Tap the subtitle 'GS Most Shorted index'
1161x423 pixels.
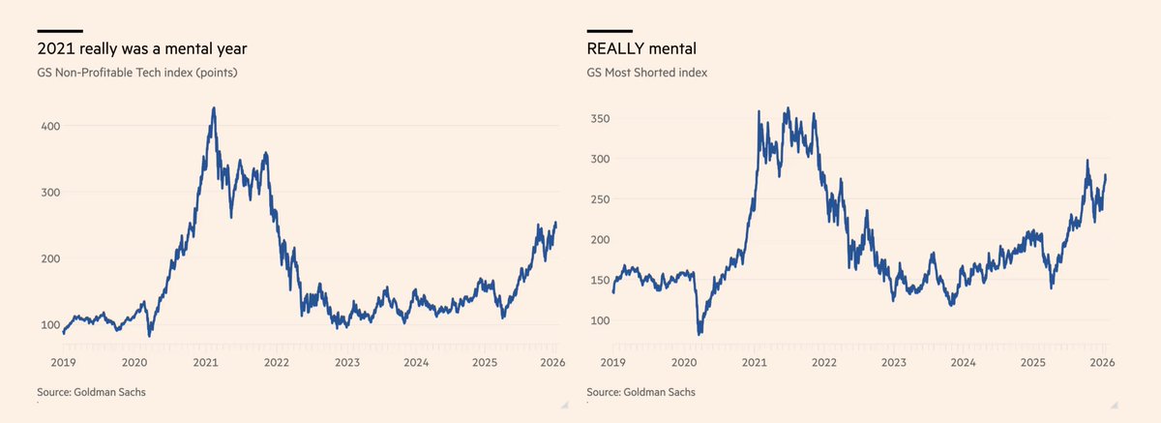point(647,72)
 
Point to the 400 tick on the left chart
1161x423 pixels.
point(49,126)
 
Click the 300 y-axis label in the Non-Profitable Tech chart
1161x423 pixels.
point(49,192)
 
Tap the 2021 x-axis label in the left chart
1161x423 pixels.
point(205,362)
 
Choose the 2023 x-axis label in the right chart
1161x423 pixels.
point(893,362)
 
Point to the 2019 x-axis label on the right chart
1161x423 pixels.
point(612,362)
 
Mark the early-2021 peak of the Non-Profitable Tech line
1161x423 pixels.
point(214,107)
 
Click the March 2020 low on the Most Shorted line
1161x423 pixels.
point(700,333)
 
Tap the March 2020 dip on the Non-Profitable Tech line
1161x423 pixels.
point(150,335)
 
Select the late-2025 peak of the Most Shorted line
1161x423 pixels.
point(1087,162)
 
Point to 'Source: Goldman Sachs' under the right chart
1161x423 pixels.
point(640,392)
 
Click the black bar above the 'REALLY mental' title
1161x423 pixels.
point(610,30)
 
